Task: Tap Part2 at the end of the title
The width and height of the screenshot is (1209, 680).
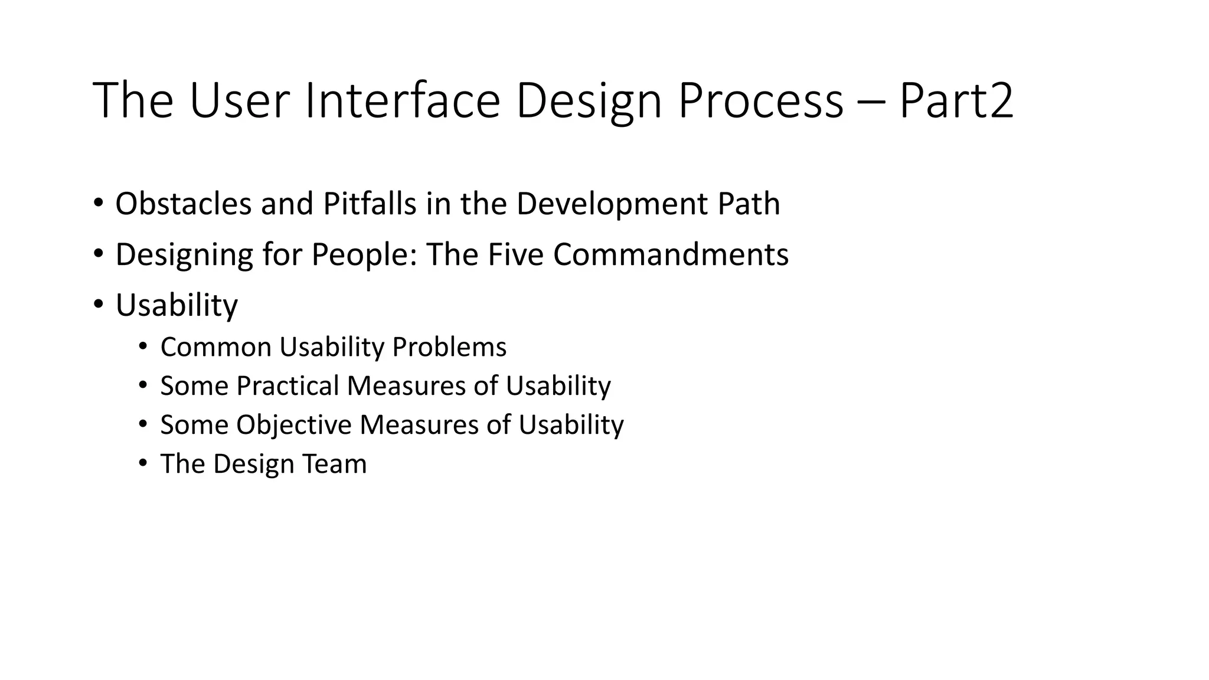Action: point(956,101)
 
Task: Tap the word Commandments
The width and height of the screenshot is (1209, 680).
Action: point(671,254)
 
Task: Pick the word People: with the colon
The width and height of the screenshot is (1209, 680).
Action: point(364,254)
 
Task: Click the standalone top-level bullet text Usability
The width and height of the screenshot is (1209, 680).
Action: point(177,305)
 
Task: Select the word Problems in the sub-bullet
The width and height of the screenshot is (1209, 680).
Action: point(449,347)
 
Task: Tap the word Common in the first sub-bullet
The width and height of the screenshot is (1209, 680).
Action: point(216,347)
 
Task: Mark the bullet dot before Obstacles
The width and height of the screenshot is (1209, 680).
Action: point(98,204)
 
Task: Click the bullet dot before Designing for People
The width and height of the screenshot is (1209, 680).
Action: point(98,254)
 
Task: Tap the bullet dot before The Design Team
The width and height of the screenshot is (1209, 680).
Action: point(142,463)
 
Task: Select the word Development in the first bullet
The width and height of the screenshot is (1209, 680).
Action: point(612,204)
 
